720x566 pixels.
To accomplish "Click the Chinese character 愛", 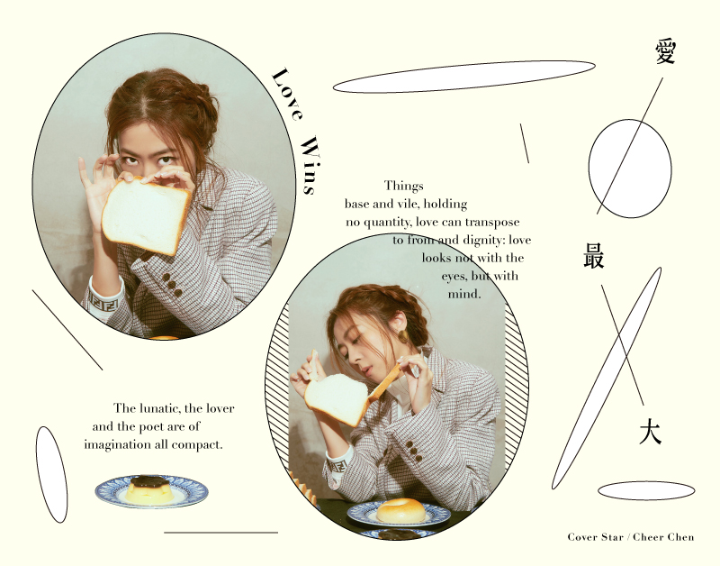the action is (x=665, y=51).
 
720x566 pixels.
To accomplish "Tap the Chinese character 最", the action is (x=594, y=255).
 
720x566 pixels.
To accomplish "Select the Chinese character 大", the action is (x=650, y=433).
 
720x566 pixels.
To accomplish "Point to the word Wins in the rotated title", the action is (x=310, y=165).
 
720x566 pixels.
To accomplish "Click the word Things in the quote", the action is (x=403, y=186).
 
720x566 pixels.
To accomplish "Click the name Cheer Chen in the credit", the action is (x=663, y=537).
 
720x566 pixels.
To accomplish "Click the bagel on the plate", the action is (x=400, y=510).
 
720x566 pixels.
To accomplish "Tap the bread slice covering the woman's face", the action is (x=146, y=215).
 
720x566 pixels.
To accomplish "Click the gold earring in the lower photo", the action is (x=403, y=336).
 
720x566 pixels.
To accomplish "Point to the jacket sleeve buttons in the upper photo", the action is (x=171, y=285).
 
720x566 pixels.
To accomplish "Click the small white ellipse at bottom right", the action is (x=646, y=490).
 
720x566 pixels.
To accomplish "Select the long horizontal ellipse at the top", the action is (x=463, y=77).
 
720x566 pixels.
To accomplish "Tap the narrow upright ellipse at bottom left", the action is (x=51, y=474).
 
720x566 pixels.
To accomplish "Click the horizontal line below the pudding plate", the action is (x=220, y=533).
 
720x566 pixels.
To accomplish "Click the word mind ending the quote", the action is (x=464, y=294).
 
